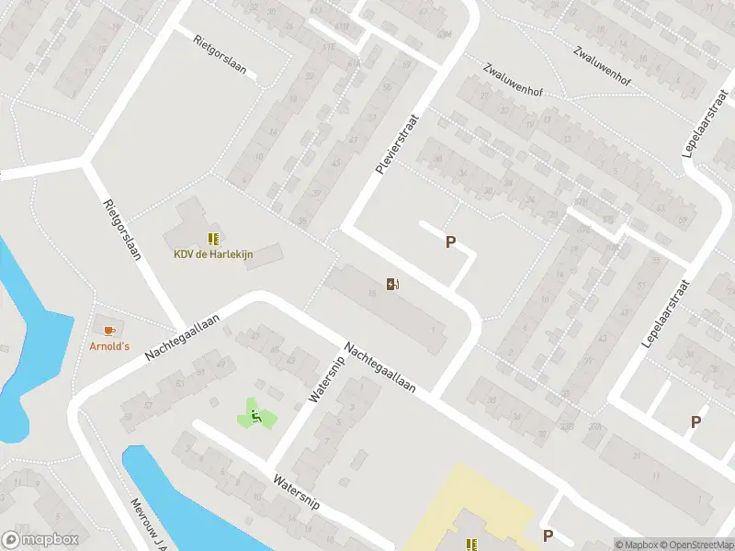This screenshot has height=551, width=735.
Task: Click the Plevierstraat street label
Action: click(390, 144)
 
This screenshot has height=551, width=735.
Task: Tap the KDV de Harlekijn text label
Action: click(213, 253)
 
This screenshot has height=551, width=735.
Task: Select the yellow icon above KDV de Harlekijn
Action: click(212, 238)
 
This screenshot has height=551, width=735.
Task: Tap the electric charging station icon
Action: click(393, 284)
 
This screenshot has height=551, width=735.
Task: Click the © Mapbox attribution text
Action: click(638, 545)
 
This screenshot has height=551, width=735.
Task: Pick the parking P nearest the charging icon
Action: click(450, 242)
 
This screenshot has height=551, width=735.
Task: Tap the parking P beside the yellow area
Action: click(548, 535)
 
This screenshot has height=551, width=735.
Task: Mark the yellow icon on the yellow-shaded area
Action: click(471, 545)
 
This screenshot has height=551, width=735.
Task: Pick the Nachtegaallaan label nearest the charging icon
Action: click(380, 368)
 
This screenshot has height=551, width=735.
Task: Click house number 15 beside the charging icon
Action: click(372, 293)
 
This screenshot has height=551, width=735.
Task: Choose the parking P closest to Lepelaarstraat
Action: click(695, 422)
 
